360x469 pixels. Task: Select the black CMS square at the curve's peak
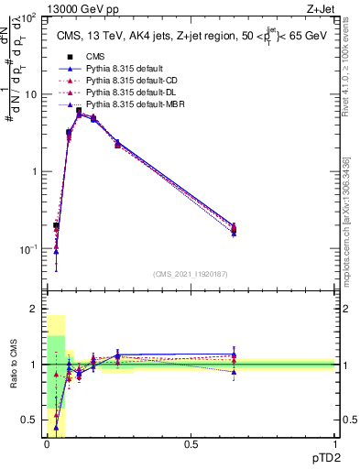79,111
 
